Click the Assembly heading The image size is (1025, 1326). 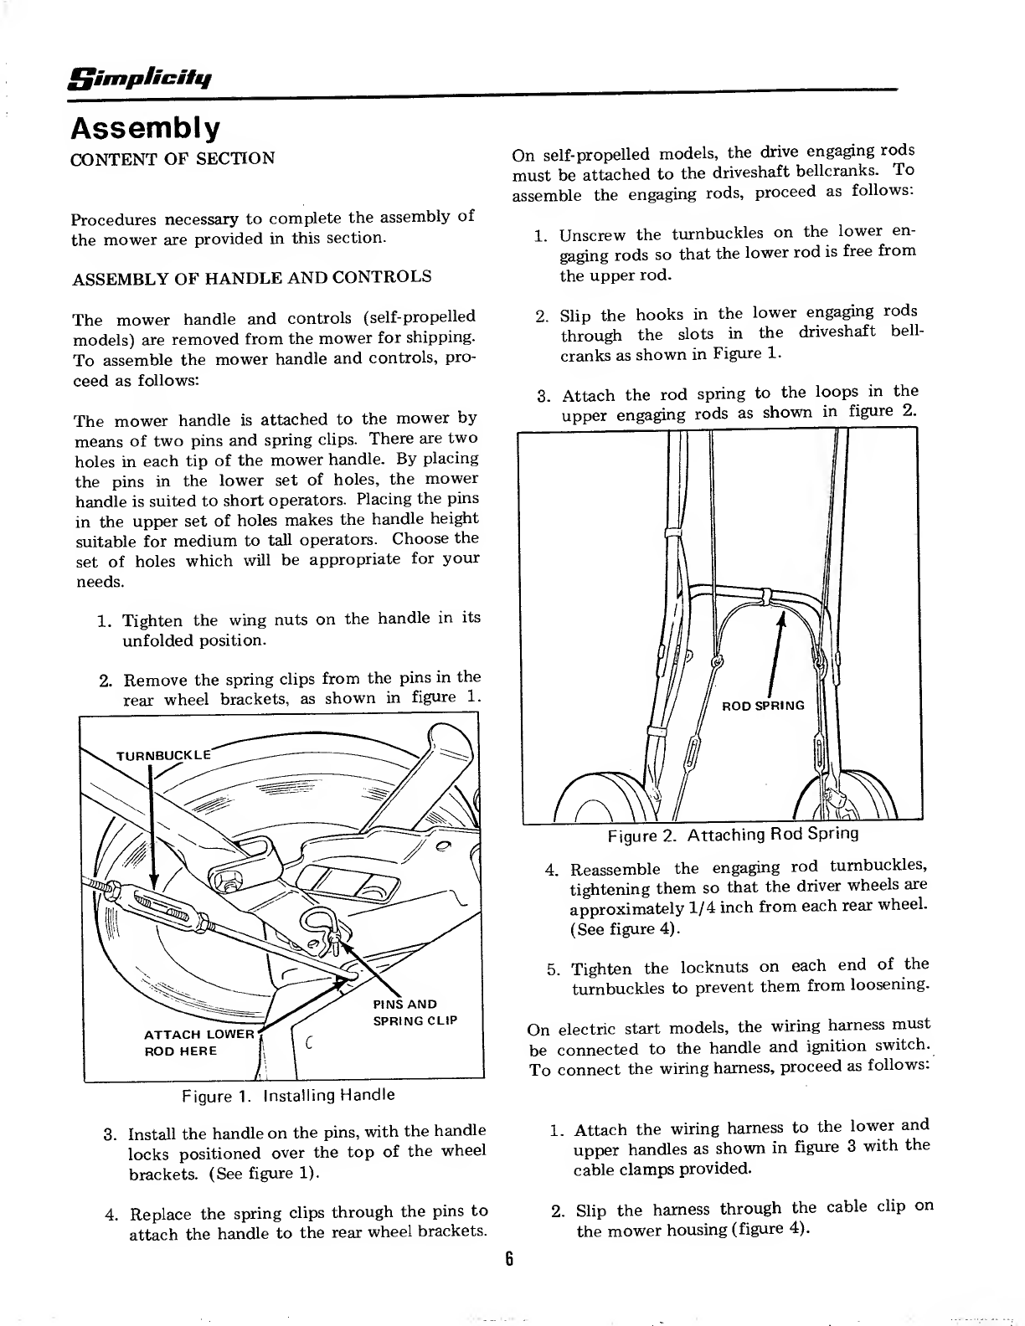point(147,128)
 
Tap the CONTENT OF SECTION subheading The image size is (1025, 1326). point(173,159)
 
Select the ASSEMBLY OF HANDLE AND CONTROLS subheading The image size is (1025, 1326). point(252,277)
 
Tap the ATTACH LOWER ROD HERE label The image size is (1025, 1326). point(199,1042)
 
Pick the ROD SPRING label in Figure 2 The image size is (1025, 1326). point(763,706)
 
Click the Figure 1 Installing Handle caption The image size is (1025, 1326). point(288,1095)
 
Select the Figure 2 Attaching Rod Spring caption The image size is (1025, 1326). point(733,835)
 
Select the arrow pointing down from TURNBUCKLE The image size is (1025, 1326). point(152,829)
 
